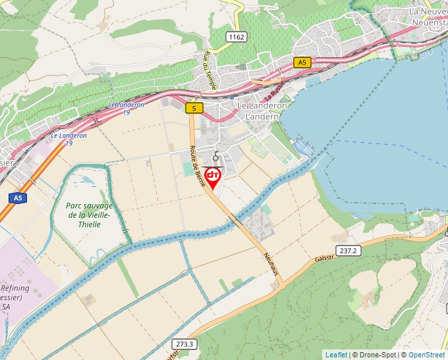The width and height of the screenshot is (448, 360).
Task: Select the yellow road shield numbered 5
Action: pyautogui.click(x=194, y=108)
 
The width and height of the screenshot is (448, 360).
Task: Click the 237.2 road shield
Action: pyautogui.click(x=349, y=251)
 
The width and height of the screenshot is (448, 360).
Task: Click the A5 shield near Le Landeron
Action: pyautogui.click(x=302, y=63)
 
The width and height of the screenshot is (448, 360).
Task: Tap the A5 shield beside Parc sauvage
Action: pyautogui.click(x=18, y=197)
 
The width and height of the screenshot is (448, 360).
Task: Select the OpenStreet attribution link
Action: pyautogui.click(x=428, y=355)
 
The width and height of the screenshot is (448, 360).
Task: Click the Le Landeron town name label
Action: pyautogui.click(x=262, y=105)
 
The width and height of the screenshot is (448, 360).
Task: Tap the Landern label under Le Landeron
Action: pyautogui.click(x=262, y=116)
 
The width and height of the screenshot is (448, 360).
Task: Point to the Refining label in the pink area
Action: pyautogui.click(x=15, y=288)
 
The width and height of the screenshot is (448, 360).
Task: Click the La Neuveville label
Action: pyautogui.click(x=428, y=11)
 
